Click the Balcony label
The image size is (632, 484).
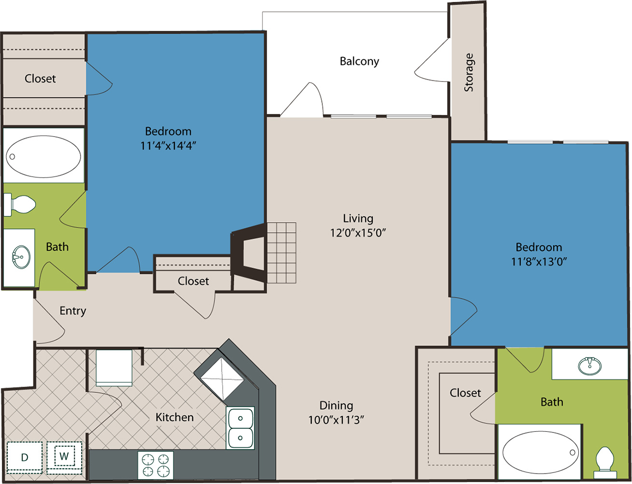pos(359,61)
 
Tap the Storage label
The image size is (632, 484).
pos(469,72)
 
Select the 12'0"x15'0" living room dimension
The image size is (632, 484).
pos(358,233)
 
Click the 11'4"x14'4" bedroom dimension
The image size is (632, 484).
pos(168,146)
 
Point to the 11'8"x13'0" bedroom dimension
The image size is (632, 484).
pos(539,262)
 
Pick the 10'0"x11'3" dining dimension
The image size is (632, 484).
pos(336,420)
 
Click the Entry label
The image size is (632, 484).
pos(73,311)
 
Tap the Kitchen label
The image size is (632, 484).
pos(174,418)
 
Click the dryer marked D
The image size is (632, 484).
pos(24,458)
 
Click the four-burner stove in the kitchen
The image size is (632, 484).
pos(155,465)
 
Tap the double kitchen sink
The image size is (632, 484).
pos(240,428)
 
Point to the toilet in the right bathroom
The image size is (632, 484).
pos(605,463)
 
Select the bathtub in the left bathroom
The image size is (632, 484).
pos(43,156)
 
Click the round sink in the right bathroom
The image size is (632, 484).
pos(589,366)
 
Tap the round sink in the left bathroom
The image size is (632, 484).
pos(21,257)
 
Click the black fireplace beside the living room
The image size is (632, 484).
pos(249,253)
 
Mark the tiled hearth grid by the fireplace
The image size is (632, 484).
pos(282,253)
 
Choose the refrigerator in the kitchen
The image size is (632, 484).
pos(114,368)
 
